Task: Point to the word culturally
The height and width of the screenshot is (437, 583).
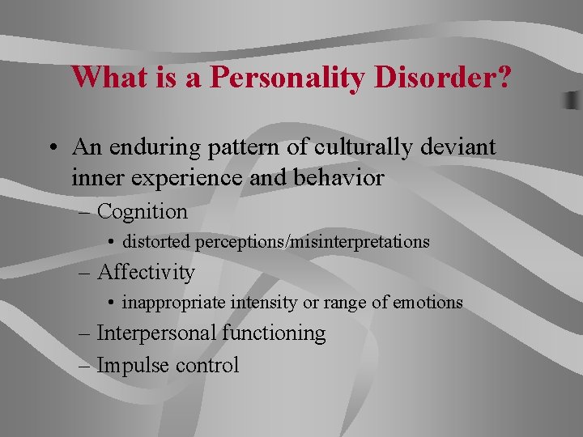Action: pos(350,147)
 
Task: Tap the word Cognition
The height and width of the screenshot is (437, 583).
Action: pos(142,212)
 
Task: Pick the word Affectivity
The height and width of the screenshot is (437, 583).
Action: pos(146,273)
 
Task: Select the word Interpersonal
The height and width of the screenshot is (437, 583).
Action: pos(156,333)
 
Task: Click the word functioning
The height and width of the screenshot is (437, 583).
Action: pos(274,333)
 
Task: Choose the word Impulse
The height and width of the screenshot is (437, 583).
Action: pos(133,365)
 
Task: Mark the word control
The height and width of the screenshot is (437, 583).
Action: pos(207,365)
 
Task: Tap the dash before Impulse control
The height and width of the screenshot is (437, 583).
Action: pos(86,365)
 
